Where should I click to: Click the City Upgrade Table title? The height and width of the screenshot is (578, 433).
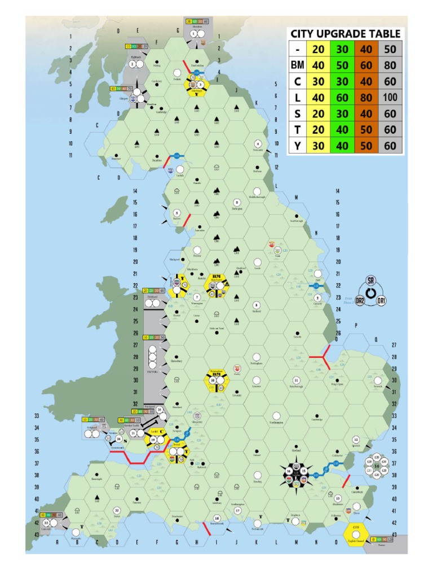[x=345, y=34]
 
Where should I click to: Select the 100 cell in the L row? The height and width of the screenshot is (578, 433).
[x=390, y=98]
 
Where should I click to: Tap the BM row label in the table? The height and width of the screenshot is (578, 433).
[x=297, y=65]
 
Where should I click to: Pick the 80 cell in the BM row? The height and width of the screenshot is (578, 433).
[x=390, y=65]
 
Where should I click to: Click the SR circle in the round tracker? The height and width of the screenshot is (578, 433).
[x=370, y=281]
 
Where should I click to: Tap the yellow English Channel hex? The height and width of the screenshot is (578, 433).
[x=356, y=532]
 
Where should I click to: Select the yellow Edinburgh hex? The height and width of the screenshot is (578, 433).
[x=198, y=85]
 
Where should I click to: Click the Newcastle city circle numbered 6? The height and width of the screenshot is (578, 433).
[x=258, y=143]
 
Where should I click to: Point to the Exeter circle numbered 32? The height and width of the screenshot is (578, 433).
[x=117, y=510]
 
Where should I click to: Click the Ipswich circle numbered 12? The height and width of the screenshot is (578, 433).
[x=356, y=439]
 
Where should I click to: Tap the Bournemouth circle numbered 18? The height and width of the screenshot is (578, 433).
[x=216, y=518]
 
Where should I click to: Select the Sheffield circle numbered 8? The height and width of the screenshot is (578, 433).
[x=257, y=305]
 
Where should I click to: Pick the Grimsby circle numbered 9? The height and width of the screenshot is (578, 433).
[x=317, y=298]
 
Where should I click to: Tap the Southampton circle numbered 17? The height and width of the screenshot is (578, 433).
[x=237, y=510]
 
